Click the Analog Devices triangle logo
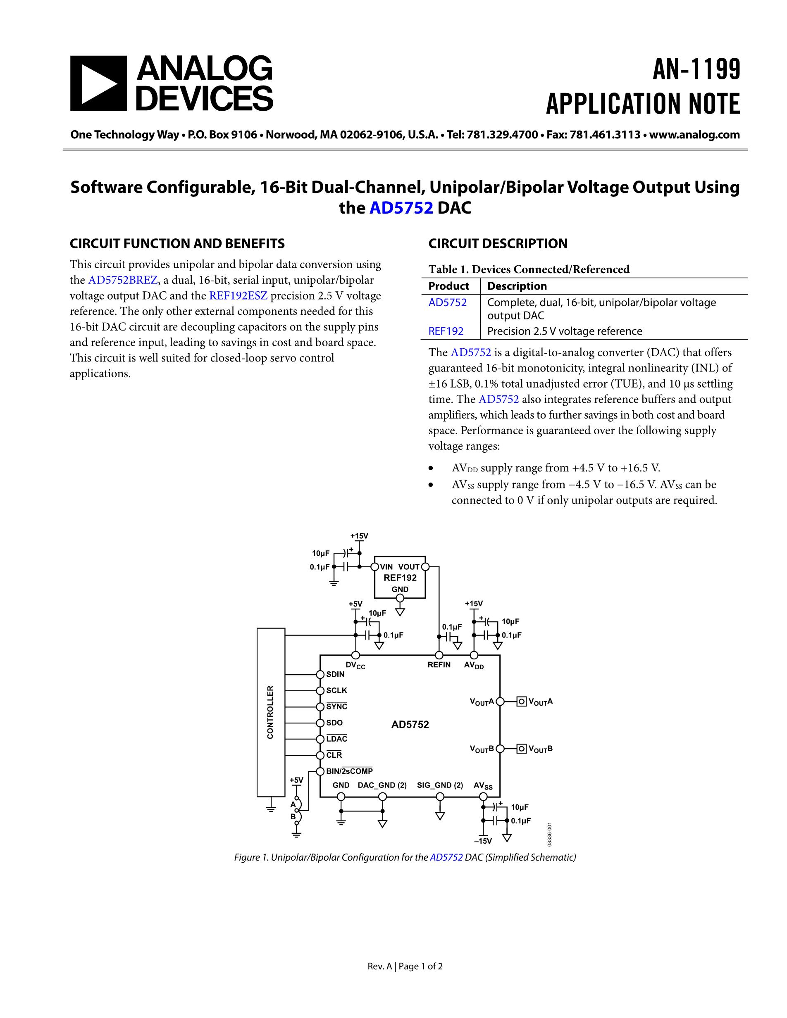(98, 83)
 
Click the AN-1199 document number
(696, 70)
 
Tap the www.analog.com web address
(694, 135)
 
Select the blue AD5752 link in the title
(401, 208)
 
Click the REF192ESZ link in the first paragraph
(238, 295)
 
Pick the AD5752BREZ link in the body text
(123, 280)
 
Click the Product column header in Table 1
(448, 286)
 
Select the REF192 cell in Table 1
(446, 331)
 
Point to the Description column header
(517, 286)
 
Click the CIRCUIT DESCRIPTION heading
(498, 243)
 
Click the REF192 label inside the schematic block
(400, 578)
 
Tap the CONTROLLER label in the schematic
(270, 712)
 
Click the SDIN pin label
(335, 674)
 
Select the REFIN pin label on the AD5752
(439, 665)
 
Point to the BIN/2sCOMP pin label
(349, 771)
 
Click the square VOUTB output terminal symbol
(522, 749)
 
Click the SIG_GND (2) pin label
(440, 785)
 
